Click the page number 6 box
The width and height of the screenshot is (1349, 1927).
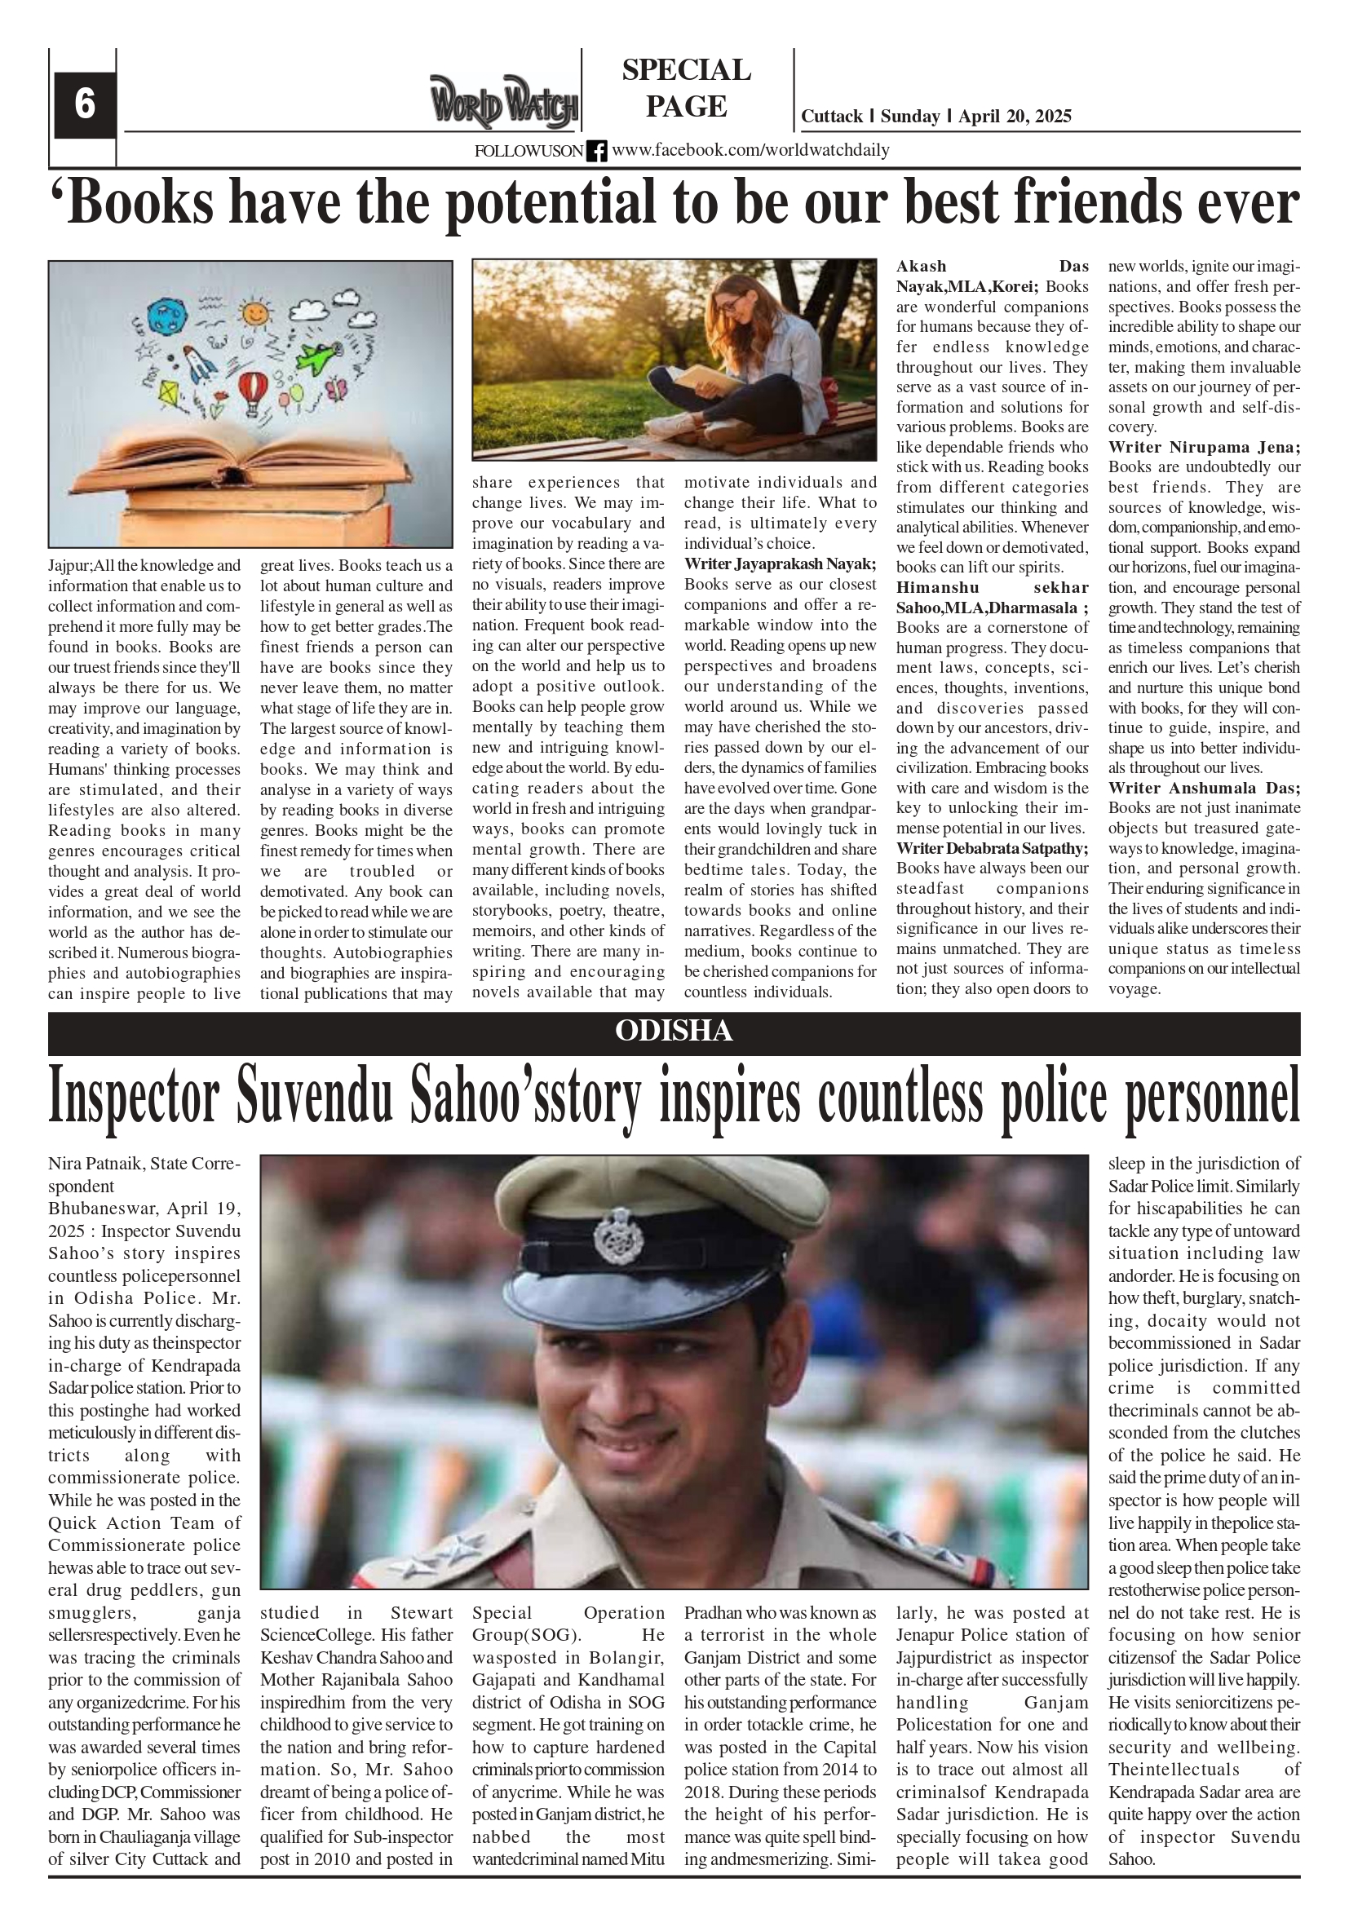pyautogui.click(x=85, y=105)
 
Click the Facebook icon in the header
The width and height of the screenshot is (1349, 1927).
pyautogui.click(x=596, y=151)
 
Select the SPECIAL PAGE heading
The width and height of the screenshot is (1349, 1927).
pyautogui.click(x=686, y=88)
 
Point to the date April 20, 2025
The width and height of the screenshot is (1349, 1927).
pyautogui.click(x=1014, y=117)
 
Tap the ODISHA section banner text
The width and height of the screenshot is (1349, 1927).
pyautogui.click(x=673, y=1031)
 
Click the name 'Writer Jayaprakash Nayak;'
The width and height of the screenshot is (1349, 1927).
pyautogui.click(x=779, y=564)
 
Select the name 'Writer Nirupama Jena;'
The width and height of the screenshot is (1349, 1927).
pyautogui.click(x=1203, y=447)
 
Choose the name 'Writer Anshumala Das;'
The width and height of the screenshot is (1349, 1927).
pyautogui.click(x=1203, y=787)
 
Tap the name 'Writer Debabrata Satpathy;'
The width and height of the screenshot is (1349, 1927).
pyautogui.click(x=992, y=847)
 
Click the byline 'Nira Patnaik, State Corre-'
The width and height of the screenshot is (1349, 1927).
pyautogui.click(x=144, y=1164)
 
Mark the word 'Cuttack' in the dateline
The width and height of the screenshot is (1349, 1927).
pyautogui.click(x=831, y=117)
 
